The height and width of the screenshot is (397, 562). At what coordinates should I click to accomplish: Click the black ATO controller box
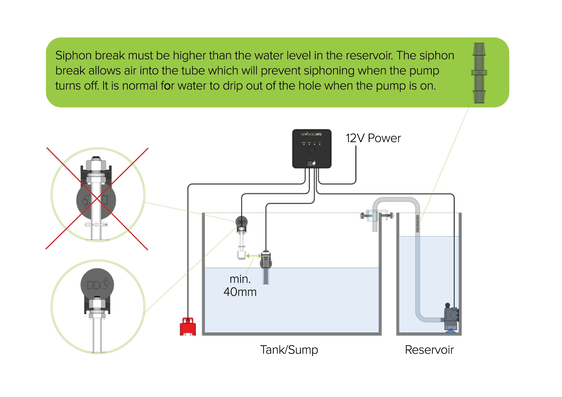click(x=312, y=149)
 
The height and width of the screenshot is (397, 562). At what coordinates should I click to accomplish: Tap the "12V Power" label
click(x=373, y=138)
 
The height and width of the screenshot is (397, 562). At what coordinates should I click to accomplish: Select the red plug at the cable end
click(x=188, y=326)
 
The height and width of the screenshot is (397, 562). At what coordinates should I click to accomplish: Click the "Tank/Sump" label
click(x=289, y=350)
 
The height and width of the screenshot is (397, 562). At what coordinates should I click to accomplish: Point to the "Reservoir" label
click(x=429, y=350)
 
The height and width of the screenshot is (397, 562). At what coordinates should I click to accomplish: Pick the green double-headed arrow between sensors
click(x=253, y=256)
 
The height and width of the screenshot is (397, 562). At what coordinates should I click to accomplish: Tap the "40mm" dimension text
click(x=240, y=292)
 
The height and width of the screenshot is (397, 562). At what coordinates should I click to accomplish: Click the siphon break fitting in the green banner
click(x=479, y=73)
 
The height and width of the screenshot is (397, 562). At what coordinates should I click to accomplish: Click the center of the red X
click(x=97, y=198)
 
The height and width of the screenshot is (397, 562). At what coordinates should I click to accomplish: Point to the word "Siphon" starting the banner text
click(x=74, y=55)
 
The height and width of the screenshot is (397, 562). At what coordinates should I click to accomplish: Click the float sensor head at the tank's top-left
click(x=241, y=222)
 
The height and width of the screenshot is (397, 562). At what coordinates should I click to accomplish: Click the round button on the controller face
click(x=312, y=150)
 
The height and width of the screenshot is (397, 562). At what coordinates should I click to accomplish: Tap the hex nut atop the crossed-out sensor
click(x=96, y=164)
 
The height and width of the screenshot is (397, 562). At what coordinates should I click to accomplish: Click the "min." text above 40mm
click(x=240, y=279)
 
